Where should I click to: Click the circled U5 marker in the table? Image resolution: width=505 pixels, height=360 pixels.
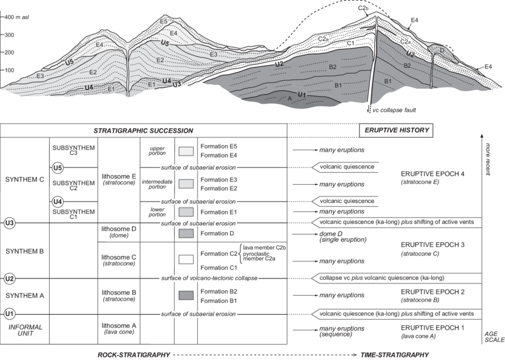57,168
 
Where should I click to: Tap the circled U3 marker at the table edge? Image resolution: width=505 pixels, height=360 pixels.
10,223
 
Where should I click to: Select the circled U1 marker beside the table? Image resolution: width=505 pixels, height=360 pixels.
10,314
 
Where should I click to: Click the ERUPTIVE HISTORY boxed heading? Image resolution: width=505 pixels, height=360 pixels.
396,131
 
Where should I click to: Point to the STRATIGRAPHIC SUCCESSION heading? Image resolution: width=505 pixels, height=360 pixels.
143,131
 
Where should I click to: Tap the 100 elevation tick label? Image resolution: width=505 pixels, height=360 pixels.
9,70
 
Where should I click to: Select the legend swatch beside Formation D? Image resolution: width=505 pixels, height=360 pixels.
186,233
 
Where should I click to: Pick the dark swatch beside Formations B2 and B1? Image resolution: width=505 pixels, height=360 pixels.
186,296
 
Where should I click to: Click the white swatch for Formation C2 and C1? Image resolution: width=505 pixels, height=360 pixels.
186,259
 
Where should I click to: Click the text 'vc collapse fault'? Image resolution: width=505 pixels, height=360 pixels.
394,110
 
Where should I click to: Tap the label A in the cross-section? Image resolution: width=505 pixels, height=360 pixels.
289,99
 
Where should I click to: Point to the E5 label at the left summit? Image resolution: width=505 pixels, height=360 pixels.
163,21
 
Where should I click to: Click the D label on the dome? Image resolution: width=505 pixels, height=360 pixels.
442,50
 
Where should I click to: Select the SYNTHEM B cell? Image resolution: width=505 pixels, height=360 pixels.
24,251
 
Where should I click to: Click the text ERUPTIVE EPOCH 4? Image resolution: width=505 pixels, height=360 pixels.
433,174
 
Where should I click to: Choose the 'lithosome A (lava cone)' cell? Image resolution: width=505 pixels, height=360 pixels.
119,329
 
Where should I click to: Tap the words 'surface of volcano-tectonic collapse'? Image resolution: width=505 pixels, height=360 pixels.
209,278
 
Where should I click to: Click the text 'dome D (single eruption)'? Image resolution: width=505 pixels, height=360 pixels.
343,236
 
